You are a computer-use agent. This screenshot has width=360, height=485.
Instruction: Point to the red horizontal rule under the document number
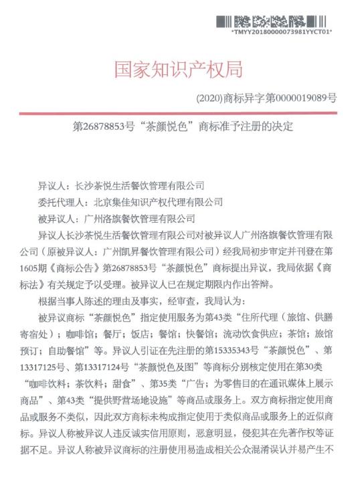179,113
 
